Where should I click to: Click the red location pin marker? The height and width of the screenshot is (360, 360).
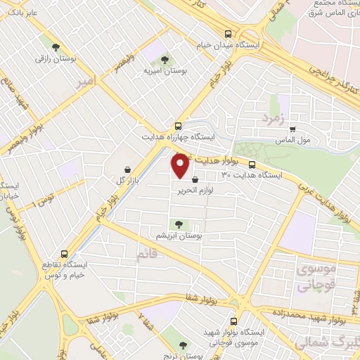coord(180,165)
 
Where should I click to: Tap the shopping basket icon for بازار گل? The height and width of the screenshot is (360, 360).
coord(127,170)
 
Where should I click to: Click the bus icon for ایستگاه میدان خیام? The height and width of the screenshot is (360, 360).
coord(227,34)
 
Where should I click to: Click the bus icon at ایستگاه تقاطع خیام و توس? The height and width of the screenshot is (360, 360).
coord(64,254)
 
